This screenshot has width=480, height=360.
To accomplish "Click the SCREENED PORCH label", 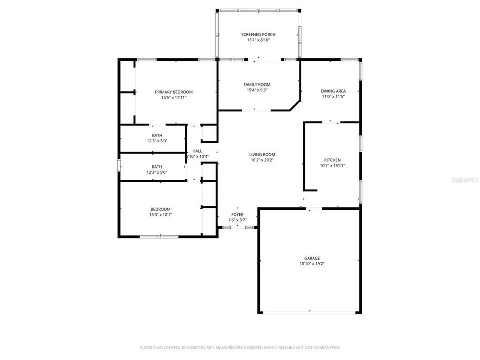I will pyautogui.click(x=258, y=34).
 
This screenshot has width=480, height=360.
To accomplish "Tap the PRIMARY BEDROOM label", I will pyautogui.click(x=174, y=92).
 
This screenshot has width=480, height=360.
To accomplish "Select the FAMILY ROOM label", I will pyautogui.click(x=257, y=85).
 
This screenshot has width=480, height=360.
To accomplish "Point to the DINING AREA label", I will pyautogui.click(x=333, y=91).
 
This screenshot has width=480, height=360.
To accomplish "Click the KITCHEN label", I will pyautogui.click(x=332, y=160).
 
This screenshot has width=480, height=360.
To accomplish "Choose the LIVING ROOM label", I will pyautogui.click(x=263, y=155).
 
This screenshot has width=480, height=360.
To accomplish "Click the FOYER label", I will pyautogui.click(x=237, y=214).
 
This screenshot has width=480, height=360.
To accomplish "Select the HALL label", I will pyautogui.click(x=197, y=151).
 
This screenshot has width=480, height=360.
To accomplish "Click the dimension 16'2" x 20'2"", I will pyautogui.click(x=263, y=160).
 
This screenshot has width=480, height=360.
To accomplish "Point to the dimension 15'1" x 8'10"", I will pyautogui.click(x=258, y=40).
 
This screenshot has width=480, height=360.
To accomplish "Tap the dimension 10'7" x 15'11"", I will pyautogui.click(x=332, y=166).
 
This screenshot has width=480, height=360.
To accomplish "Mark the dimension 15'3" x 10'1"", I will pyautogui.click(x=160, y=215).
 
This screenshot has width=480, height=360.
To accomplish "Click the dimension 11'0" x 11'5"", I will pyautogui.click(x=333, y=97).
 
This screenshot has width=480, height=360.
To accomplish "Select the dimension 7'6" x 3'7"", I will pyautogui.click(x=237, y=219).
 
